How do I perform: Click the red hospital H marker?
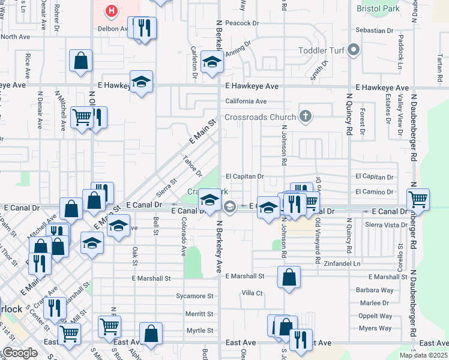point(110,10)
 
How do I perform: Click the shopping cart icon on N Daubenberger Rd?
point(418,199)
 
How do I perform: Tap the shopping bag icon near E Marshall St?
point(289,277)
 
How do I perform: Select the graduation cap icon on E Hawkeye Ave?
point(141,82)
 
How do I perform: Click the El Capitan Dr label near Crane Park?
point(245,176)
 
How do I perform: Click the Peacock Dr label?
point(242,23)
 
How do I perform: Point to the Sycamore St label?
point(194,296)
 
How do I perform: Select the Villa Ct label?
point(252,293)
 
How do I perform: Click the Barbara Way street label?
point(375,290)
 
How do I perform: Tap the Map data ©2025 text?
point(423,355)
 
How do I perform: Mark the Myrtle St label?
point(200,331)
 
